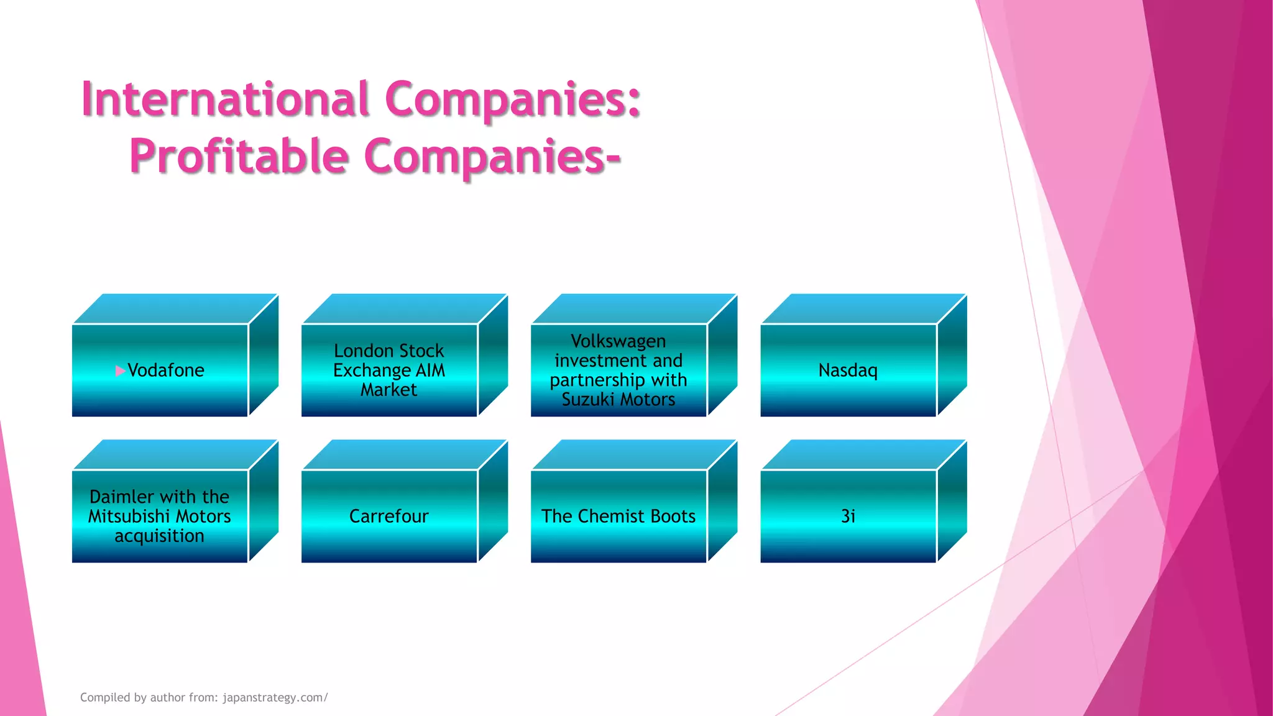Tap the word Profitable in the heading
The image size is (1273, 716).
click(239, 156)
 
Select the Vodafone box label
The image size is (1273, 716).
click(166, 370)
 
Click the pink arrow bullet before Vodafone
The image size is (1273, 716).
click(120, 371)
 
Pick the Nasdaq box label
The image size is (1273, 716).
click(848, 370)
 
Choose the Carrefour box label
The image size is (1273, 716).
click(388, 516)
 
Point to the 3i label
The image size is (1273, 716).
click(848, 516)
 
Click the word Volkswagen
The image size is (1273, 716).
click(618, 342)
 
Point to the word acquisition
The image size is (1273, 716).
click(159, 536)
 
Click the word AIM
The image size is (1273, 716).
click(430, 370)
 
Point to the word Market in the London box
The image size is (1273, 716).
click(388, 390)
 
